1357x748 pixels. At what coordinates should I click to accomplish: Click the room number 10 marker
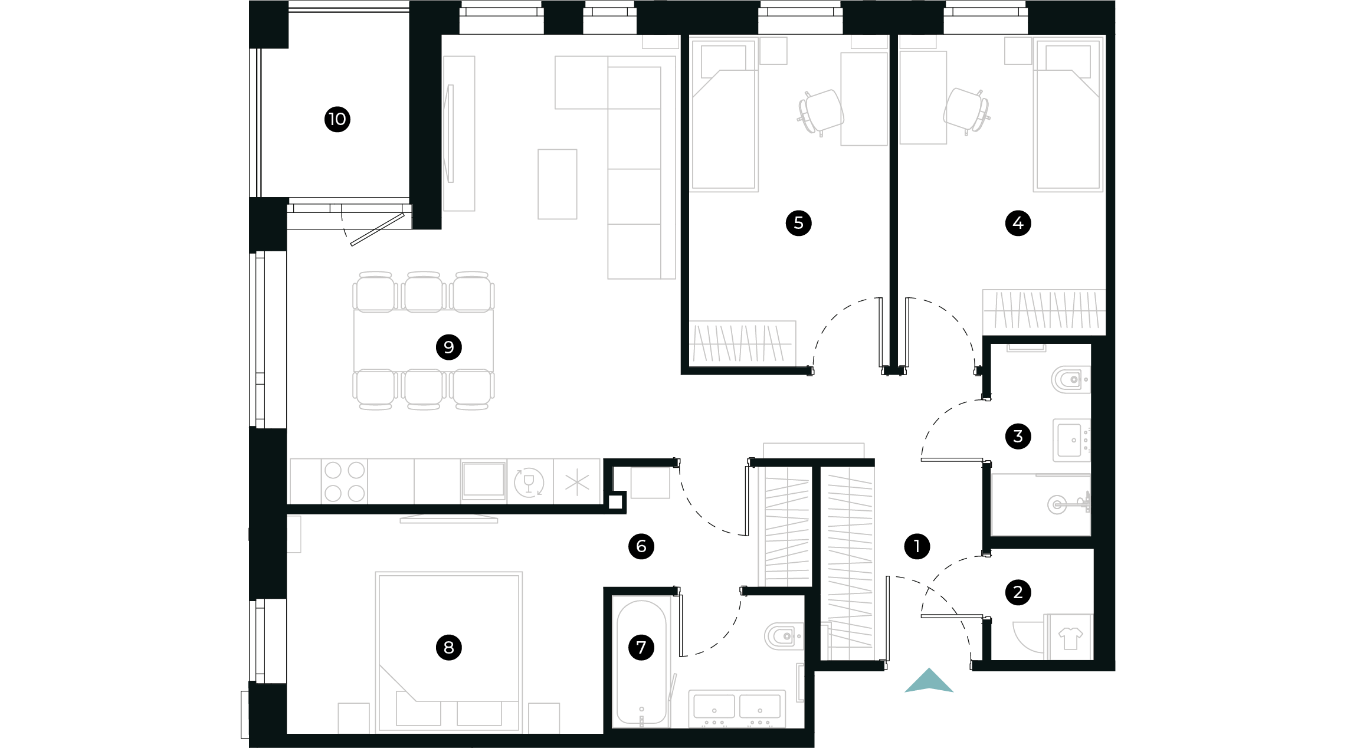point(337,119)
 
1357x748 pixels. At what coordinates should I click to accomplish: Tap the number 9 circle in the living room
point(448,347)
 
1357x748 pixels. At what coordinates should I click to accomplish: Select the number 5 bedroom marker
point(798,223)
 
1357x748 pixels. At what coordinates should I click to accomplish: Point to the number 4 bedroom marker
point(1018,223)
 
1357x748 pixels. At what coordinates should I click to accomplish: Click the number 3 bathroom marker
point(1018,437)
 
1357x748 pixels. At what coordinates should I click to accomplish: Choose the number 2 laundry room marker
point(1018,592)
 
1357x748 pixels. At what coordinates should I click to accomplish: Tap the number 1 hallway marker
point(917,546)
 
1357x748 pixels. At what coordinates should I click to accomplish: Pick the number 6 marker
point(641,546)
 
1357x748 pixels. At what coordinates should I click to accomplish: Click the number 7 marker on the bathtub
point(641,647)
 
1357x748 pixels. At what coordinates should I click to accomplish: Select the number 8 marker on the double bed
point(448,647)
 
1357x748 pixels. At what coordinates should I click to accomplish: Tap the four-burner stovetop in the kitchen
point(345,481)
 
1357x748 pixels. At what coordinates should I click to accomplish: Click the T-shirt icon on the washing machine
point(1070,638)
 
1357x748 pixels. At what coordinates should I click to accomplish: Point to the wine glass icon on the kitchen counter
point(529,482)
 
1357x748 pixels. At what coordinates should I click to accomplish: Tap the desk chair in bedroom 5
point(821,112)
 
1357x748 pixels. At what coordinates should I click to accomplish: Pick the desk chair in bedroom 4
point(966,111)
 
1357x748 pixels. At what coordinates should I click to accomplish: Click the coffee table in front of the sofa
point(557,184)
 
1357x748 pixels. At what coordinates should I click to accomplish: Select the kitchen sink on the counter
point(483,480)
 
